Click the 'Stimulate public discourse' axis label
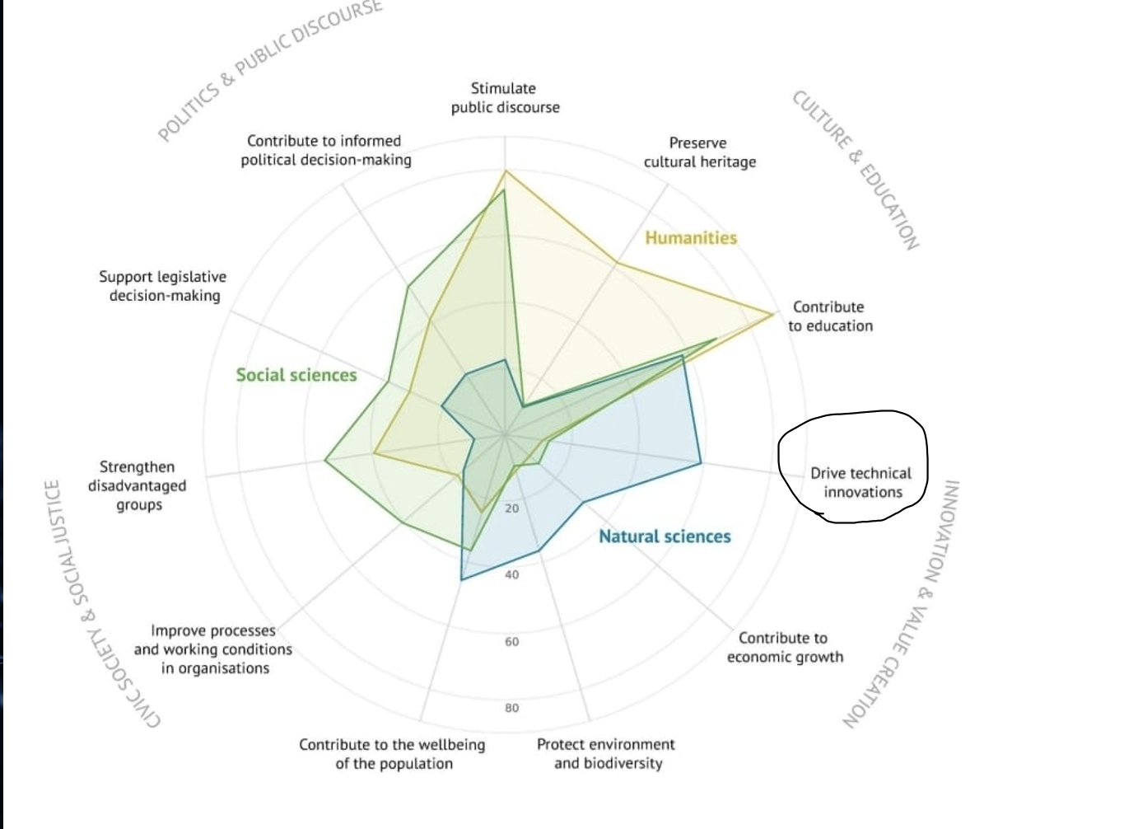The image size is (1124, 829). pyautogui.click(x=505, y=97)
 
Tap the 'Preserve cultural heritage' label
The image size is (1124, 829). pyautogui.click(x=699, y=152)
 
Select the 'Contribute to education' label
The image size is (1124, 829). pyautogui.click(x=829, y=316)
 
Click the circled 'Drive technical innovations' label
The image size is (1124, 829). pyautogui.click(x=861, y=483)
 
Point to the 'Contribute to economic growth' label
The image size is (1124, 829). pyautogui.click(x=784, y=648)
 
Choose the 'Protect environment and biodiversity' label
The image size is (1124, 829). pyautogui.click(x=606, y=753)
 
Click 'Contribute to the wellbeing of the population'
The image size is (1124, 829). pyautogui.click(x=393, y=754)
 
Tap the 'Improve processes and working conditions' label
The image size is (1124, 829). pyautogui.click(x=212, y=649)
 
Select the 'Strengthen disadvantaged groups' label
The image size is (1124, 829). pyautogui.click(x=138, y=486)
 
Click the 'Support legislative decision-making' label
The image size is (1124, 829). pyautogui.click(x=163, y=286)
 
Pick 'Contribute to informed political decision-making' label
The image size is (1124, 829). pyautogui.click(x=325, y=150)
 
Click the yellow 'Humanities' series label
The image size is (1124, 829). pyautogui.click(x=691, y=238)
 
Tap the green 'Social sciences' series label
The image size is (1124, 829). pyautogui.click(x=296, y=375)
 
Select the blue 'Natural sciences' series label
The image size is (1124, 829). pyautogui.click(x=665, y=536)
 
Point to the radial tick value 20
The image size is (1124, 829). pyautogui.click(x=512, y=508)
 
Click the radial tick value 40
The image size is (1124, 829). pyautogui.click(x=512, y=574)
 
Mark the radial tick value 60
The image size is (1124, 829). pyautogui.click(x=512, y=641)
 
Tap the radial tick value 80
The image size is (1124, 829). pyautogui.click(x=512, y=708)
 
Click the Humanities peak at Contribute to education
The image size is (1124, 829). pyautogui.click(x=773, y=314)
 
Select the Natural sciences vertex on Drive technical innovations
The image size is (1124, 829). pyautogui.click(x=702, y=463)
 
